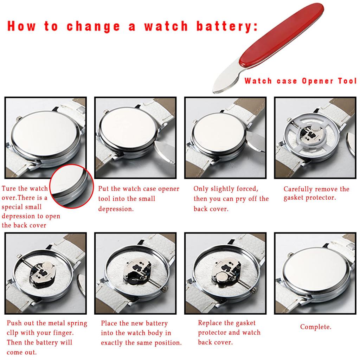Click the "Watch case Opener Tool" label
[301, 81]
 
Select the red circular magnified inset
[72, 186]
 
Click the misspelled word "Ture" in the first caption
[9, 188]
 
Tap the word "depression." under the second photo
[116, 209]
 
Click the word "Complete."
[316, 327]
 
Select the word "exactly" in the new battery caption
[112, 343]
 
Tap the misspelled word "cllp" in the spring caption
[13, 333]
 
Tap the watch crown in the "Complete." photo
[290, 254]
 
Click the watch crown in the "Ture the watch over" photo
[19, 118]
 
